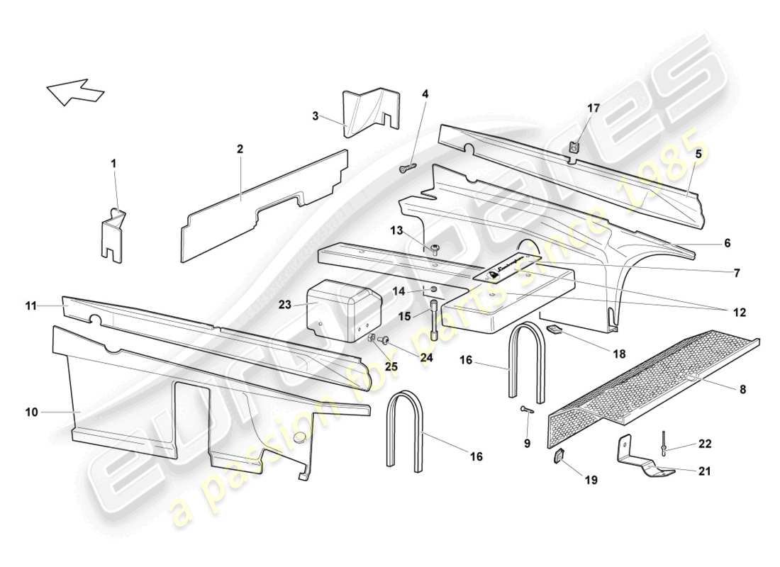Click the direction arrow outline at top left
75,91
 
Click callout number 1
113,163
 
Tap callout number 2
240,149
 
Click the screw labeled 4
408,168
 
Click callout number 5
698,153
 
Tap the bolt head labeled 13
434,247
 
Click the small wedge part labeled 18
554,330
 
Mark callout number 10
30,410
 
